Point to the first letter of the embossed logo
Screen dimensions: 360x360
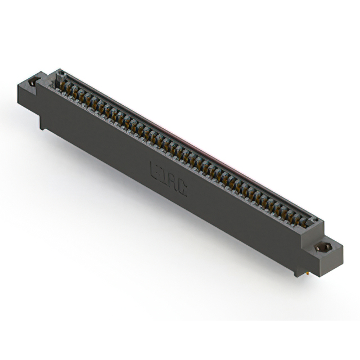[156, 170]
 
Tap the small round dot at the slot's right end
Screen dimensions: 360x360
[315, 220]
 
